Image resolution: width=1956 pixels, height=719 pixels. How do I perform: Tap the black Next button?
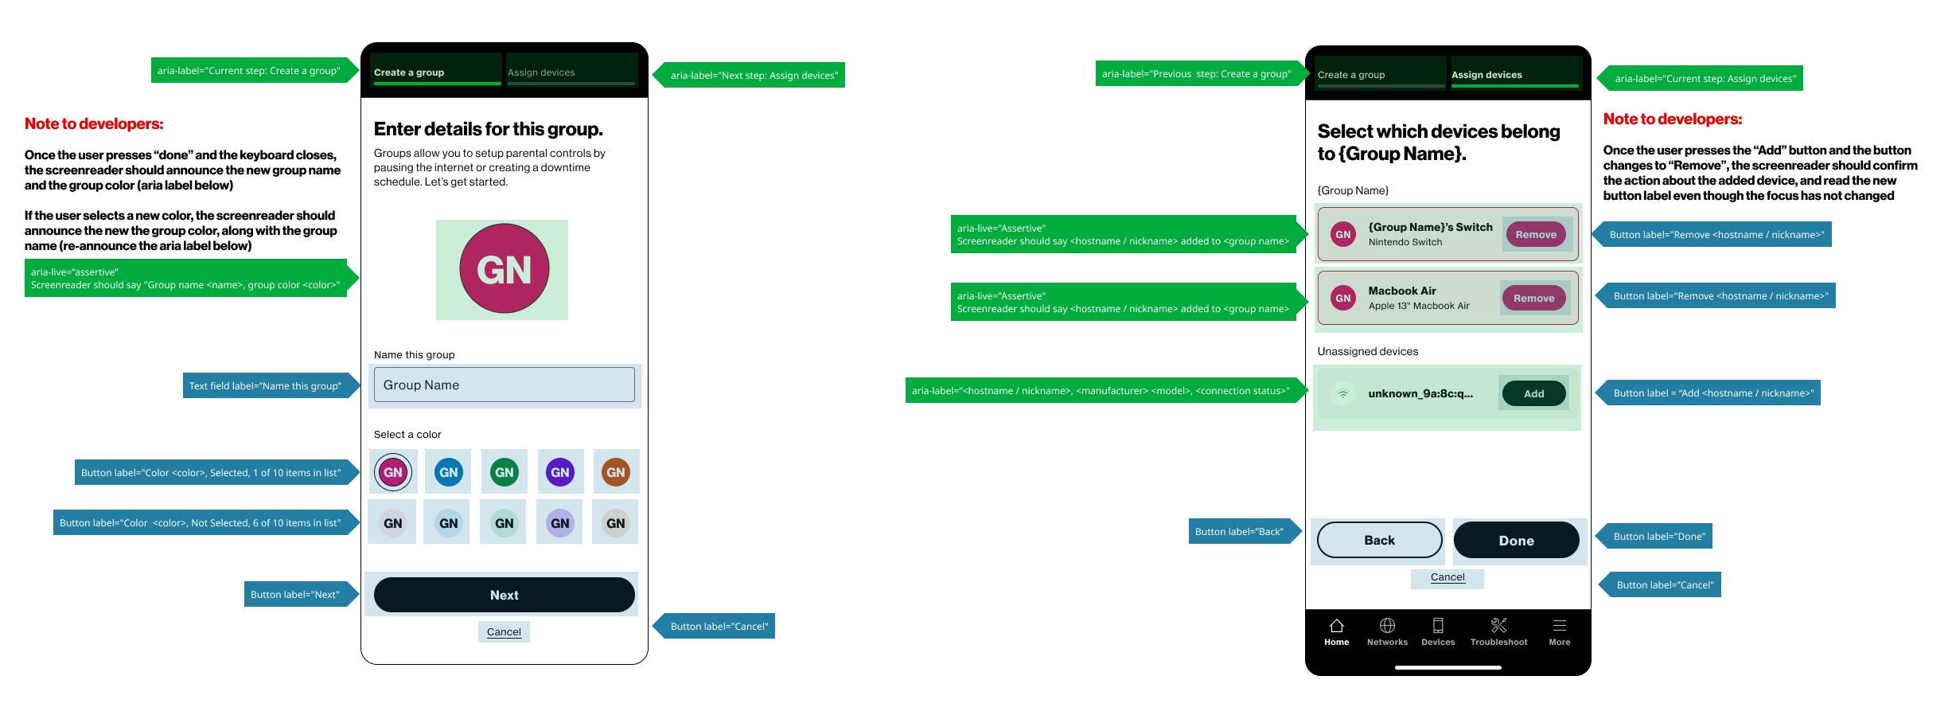click(x=504, y=595)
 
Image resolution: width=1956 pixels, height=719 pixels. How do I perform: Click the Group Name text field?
click(x=504, y=385)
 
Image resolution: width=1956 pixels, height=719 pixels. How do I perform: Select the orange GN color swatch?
click(x=615, y=472)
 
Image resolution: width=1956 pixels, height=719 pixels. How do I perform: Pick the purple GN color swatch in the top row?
click(x=559, y=472)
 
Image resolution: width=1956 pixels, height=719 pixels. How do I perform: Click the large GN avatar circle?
click(x=504, y=269)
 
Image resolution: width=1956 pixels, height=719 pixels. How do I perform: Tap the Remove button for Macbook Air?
click(x=1533, y=298)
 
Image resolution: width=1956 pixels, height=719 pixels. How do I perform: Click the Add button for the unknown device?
click(x=1533, y=393)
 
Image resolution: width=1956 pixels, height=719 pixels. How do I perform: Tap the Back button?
click(x=1379, y=540)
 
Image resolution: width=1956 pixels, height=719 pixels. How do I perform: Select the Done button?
click(x=1516, y=540)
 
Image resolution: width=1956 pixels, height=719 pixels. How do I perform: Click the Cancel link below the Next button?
click(x=504, y=631)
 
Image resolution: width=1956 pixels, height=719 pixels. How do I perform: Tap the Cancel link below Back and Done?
click(x=1448, y=577)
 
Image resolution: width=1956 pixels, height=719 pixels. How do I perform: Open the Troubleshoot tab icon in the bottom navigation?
click(x=1498, y=626)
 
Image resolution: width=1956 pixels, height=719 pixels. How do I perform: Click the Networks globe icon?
click(x=1387, y=626)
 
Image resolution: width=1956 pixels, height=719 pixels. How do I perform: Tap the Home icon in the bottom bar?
click(x=1337, y=626)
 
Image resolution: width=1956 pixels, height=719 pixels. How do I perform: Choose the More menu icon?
click(x=1560, y=626)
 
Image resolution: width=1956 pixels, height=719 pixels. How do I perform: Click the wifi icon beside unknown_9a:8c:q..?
click(x=1343, y=393)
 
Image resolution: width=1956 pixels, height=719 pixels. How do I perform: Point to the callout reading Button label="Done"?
click(x=1658, y=536)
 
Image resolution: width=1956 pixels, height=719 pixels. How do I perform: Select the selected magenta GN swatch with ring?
click(x=393, y=472)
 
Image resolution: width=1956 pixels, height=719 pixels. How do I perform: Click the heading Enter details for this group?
click(x=488, y=129)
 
